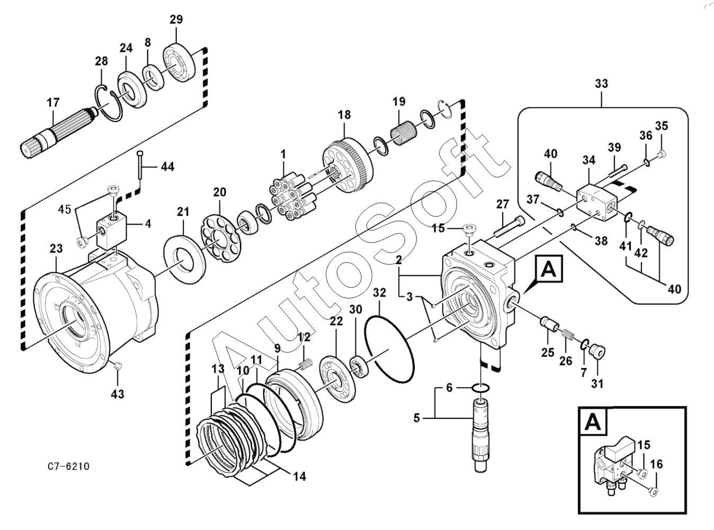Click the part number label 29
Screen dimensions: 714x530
click(176, 20)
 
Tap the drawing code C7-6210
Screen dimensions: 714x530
click(68, 466)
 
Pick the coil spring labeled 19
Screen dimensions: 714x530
click(404, 132)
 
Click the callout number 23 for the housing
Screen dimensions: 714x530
click(56, 248)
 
